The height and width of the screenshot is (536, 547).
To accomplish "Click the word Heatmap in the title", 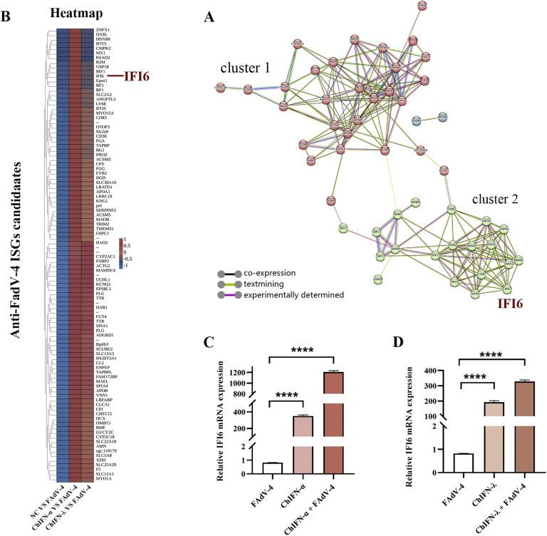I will click(x=70, y=13).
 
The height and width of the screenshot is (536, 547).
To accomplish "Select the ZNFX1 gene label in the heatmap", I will click(x=103, y=29).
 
